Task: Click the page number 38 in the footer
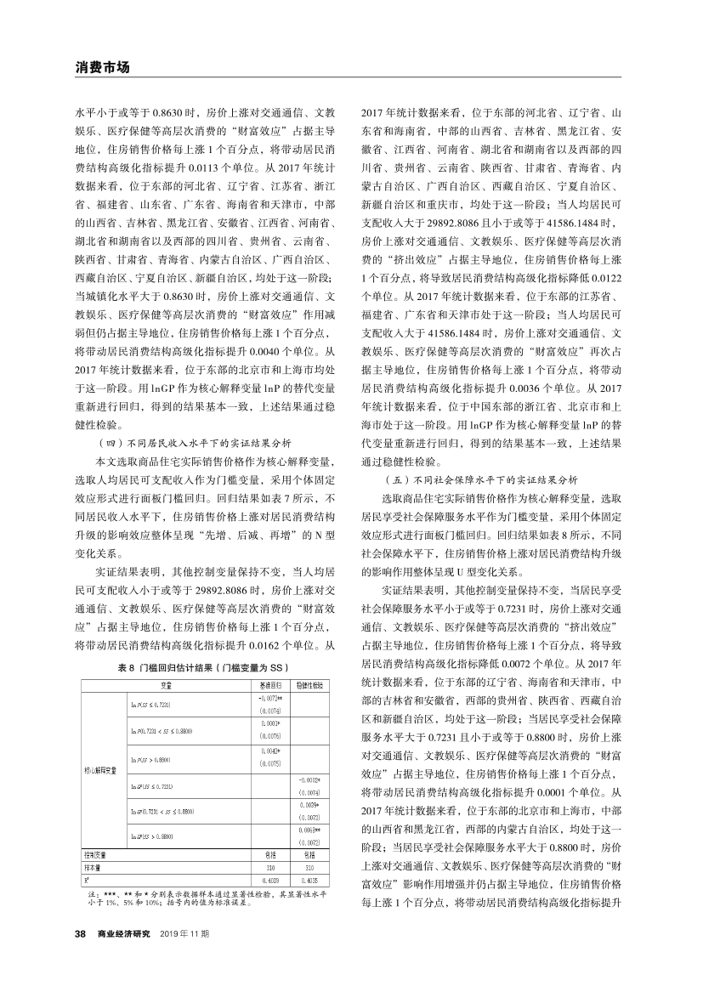point(81,935)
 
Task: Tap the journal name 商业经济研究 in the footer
point(123,935)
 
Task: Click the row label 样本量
point(92,867)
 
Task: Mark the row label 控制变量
point(94,854)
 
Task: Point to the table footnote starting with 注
point(204,898)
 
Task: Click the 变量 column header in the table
point(165,684)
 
